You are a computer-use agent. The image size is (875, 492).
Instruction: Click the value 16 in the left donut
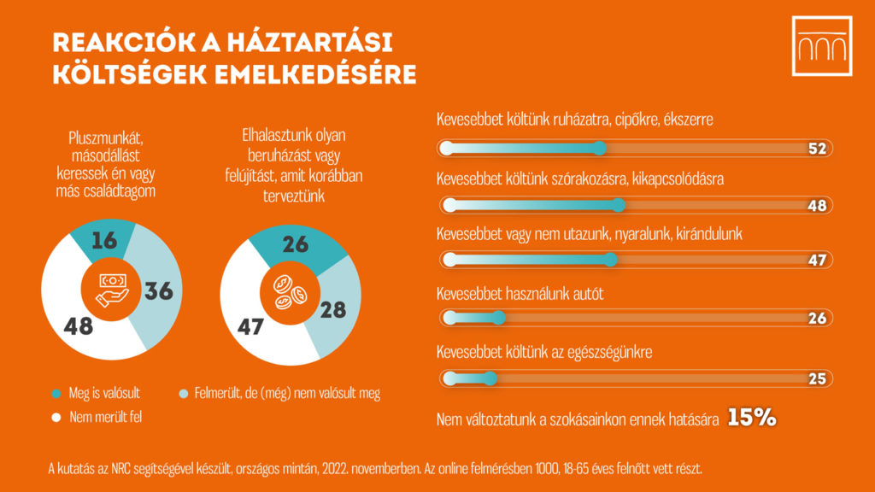click(x=103, y=241)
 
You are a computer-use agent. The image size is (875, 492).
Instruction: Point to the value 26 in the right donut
click(x=295, y=245)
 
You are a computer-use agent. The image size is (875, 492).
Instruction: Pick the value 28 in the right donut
click(x=333, y=308)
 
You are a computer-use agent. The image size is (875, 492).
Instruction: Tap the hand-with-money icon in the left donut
click(x=112, y=289)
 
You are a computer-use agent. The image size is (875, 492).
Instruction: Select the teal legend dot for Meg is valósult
click(x=56, y=394)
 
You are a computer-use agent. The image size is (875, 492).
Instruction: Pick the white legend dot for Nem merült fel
click(x=56, y=419)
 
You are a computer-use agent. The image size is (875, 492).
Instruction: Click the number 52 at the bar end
click(x=817, y=149)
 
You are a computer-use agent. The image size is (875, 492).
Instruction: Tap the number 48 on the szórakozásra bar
click(x=817, y=206)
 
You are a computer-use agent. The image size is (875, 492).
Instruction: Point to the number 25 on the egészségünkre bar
click(x=817, y=378)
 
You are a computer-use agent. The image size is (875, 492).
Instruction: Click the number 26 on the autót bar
click(x=817, y=319)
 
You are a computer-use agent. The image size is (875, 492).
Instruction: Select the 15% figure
click(x=751, y=417)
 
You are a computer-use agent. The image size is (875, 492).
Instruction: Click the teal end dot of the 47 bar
click(x=610, y=260)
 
